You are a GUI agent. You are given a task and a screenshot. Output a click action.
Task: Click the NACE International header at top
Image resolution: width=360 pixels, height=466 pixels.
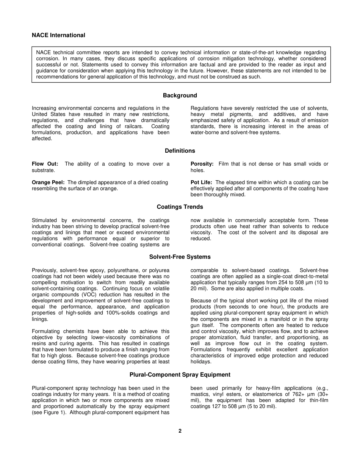point(58,35)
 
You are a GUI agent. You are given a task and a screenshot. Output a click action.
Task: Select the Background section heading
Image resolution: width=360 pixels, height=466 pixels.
point(180,95)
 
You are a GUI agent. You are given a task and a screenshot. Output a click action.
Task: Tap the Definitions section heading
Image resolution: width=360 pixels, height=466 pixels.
point(180,151)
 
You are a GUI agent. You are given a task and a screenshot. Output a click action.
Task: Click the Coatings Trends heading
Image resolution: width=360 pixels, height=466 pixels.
point(180,207)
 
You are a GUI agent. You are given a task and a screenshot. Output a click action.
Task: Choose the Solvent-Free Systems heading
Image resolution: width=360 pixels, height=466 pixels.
point(180,257)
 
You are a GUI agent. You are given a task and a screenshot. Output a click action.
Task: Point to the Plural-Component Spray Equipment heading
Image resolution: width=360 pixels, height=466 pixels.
point(180,375)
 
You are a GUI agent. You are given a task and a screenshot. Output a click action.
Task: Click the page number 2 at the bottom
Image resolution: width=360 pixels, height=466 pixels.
point(180,431)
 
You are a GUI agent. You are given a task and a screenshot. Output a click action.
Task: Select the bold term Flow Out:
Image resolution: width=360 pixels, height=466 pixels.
point(45,164)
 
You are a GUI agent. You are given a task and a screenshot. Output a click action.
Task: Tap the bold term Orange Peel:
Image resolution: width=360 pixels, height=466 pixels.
point(48,183)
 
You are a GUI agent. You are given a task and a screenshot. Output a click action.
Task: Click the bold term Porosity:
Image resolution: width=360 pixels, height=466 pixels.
point(202,164)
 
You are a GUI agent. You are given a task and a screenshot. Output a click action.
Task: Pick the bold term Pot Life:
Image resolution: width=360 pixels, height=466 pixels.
point(201,183)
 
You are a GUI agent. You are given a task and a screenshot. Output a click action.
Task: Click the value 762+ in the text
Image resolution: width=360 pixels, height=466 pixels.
point(297,394)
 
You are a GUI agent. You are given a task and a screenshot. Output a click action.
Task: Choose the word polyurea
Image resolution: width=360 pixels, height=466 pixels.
point(159,271)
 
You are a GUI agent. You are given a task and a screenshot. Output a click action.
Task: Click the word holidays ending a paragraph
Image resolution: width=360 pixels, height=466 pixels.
point(200,362)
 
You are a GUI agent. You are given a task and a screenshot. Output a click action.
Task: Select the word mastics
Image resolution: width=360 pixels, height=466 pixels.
point(200,394)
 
